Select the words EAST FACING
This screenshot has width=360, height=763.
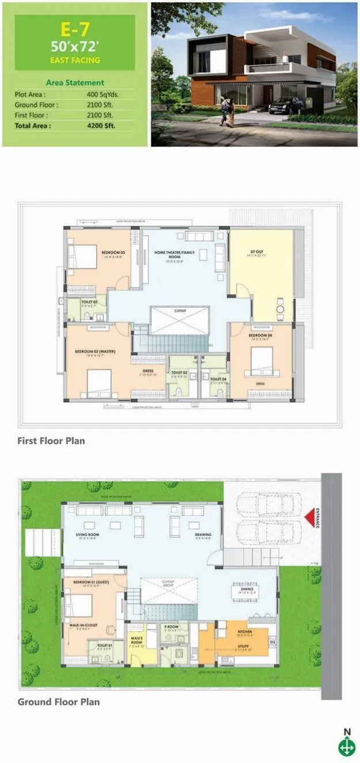point(75,60)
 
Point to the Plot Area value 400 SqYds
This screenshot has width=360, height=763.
point(103,94)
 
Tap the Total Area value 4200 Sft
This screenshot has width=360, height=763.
point(103,125)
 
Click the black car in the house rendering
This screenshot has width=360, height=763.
point(286,105)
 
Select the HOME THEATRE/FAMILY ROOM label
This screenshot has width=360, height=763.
point(175,254)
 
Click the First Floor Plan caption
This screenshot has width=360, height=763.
point(51,441)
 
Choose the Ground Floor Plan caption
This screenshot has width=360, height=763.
point(58,701)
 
